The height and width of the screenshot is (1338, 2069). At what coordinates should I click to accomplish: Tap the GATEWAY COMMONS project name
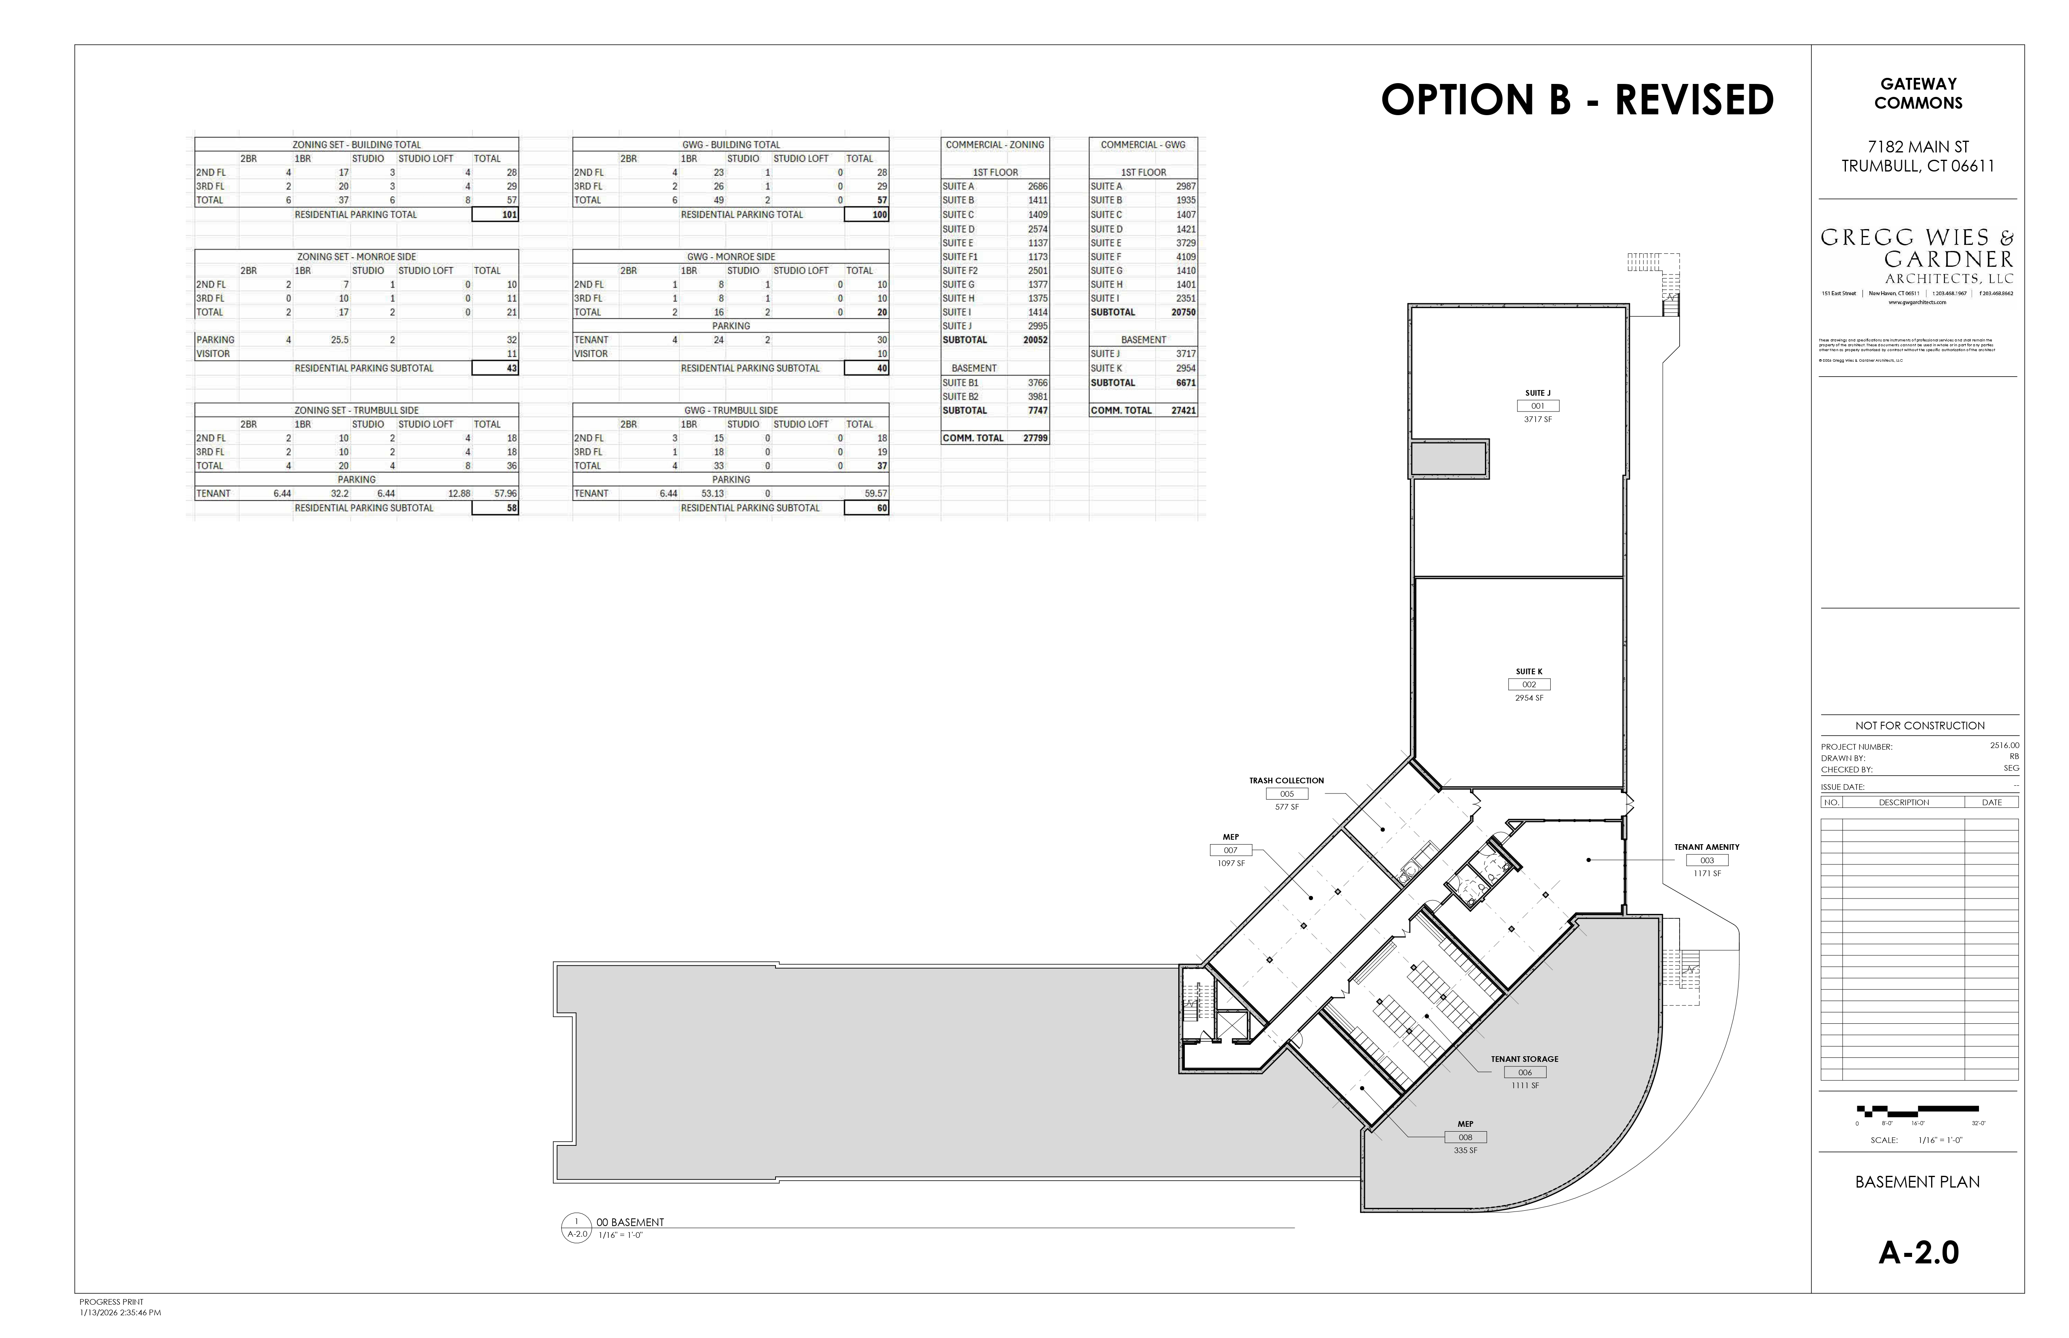[x=1918, y=93]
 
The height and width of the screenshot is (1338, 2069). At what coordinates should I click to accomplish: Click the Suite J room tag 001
[x=1537, y=406]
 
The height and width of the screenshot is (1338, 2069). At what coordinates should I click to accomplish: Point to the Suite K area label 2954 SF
[x=1528, y=698]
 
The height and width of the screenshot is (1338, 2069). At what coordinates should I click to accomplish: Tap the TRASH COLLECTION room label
[x=1286, y=780]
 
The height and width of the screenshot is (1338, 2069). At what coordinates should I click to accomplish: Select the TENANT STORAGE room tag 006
[x=1525, y=1072]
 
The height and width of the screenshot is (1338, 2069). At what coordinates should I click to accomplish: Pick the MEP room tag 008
[x=1465, y=1137]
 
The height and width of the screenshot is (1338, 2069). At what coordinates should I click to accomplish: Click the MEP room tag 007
[x=1231, y=851]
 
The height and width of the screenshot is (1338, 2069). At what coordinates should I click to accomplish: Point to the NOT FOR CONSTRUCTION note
[x=1920, y=725]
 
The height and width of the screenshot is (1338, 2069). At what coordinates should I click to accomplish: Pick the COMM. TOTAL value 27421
[x=1183, y=410]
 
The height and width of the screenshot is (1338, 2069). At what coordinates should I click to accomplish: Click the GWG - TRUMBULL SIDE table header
[x=731, y=410]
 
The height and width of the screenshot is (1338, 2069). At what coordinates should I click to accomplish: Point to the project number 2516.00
[x=2004, y=746]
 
